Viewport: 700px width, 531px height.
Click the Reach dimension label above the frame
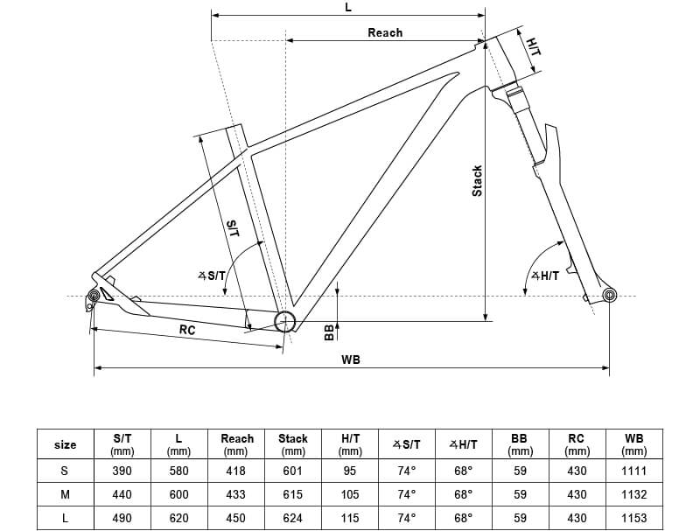click(x=385, y=32)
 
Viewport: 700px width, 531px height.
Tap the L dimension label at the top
click(x=348, y=7)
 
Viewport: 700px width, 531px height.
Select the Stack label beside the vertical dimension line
click(x=477, y=180)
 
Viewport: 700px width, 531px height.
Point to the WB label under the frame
click(x=352, y=360)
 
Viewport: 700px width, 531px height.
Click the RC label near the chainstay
click(x=186, y=330)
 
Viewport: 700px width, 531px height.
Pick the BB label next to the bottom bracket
click(x=329, y=332)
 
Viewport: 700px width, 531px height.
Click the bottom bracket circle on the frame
click(x=284, y=322)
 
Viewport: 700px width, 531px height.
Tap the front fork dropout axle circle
click(x=610, y=296)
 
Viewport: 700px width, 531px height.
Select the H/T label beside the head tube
click(x=533, y=46)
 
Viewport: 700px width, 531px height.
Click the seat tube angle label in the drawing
click(x=212, y=276)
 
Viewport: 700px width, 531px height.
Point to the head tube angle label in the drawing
click(x=544, y=276)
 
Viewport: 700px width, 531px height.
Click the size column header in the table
click(x=65, y=444)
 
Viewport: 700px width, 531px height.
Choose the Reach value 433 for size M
click(x=236, y=494)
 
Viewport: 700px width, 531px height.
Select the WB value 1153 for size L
click(x=634, y=517)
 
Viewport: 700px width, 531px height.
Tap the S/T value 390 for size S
click(x=122, y=471)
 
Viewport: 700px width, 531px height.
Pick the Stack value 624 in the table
click(x=292, y=517)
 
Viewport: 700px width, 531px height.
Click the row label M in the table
click(x=65, y=494)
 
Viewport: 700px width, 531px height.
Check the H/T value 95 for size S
click(x=350, y=471)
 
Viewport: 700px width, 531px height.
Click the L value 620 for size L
click(x=178, y=517)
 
